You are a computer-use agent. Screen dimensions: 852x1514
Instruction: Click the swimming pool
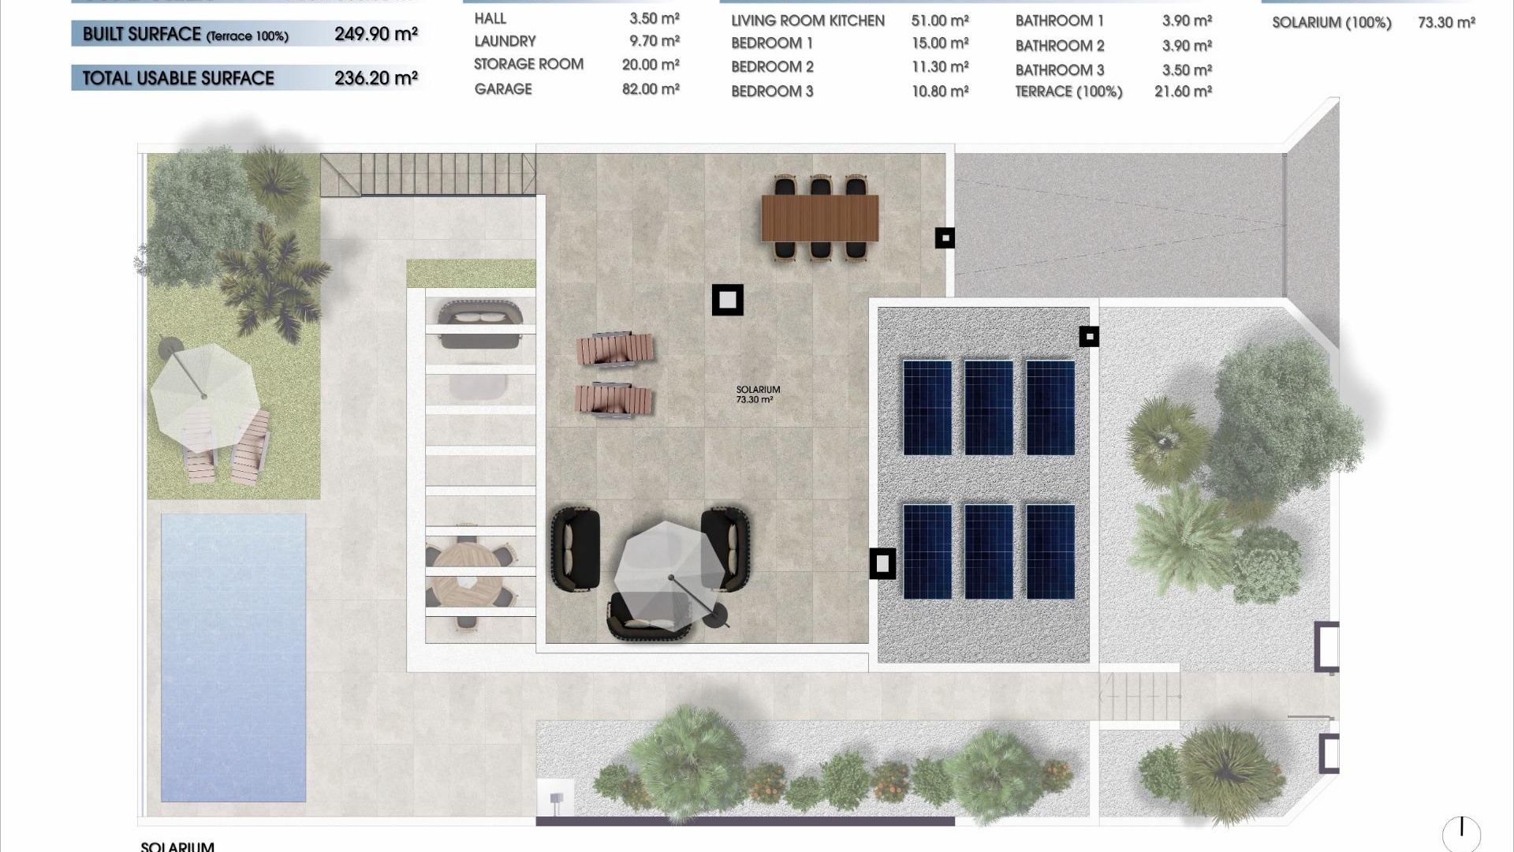coord(233,657)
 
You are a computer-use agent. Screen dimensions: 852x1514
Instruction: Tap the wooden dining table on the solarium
coord(819,218)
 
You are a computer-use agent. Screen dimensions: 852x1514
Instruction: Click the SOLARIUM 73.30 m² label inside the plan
coord(758,394)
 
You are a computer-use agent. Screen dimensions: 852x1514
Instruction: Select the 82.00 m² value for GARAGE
coord(651,89)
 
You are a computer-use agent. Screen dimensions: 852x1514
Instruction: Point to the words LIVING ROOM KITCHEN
coord(807,21)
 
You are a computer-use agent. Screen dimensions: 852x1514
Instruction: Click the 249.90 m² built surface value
coord(375,34)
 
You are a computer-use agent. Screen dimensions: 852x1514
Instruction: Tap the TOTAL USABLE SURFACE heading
coord(178,78)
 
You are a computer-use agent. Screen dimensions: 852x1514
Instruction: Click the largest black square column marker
coord(727,300)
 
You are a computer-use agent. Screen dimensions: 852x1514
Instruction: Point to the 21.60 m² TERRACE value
coord(1183,92)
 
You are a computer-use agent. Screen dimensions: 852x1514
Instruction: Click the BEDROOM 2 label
coord(772,67)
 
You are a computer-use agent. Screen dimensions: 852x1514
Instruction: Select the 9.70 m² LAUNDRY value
coord(654,40)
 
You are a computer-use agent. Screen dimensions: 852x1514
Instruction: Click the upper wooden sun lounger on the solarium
coord(614,349)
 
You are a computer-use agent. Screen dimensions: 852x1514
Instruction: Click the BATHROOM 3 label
coord(1059,70)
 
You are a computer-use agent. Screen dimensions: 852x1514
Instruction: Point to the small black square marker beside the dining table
coord(945,237)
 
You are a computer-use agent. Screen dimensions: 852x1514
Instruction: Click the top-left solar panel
coord(927,407)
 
